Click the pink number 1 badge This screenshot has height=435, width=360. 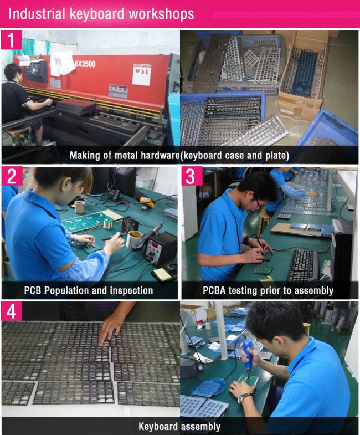tap(12, 40)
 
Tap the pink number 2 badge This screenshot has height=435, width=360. tap(12, 176)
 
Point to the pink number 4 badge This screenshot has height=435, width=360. tap(12, 311)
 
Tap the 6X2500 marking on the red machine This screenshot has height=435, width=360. tap(85, 64)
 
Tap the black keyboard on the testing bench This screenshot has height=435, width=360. tap(304, 265)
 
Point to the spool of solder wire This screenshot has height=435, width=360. tap(108, 223)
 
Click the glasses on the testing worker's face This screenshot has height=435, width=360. tap(259, 203)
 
